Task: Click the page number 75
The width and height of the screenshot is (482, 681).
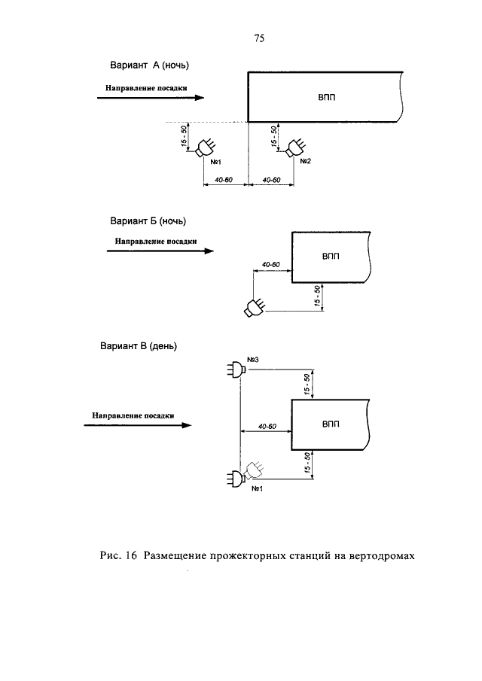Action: [x=259, y=38]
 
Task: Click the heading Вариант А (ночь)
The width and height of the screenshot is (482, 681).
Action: [x=150, y=65]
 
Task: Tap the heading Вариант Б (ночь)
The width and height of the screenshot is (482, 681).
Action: [x=148, y=221]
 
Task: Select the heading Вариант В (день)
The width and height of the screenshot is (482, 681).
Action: [x=139, y=347]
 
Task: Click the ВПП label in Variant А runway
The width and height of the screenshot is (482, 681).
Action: [x=326, y=98]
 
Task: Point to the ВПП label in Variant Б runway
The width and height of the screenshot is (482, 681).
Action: [x=331, y=257]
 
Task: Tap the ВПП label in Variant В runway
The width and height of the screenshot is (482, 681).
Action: [x=331, y=424]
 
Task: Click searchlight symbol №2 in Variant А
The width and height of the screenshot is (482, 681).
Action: [x=295, y=148]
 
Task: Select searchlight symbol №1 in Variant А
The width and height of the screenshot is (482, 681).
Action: [x=206, y=148]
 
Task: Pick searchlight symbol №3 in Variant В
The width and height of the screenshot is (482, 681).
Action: [x=236, y=369]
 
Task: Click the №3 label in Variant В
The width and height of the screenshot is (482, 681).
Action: [x=252, y=360]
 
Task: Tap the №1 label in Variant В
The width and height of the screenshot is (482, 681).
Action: [x=258, y=489]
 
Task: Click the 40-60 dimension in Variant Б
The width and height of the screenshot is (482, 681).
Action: [x=271, y=264]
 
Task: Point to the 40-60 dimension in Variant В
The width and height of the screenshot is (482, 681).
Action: [x=267, y=427]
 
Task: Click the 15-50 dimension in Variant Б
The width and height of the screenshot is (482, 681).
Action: [x=317, y=296]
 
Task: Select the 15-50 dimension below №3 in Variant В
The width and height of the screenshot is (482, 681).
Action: [x=307, y=385]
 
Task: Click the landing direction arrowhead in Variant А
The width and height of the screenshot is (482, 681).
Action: [x=199, y=98]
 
